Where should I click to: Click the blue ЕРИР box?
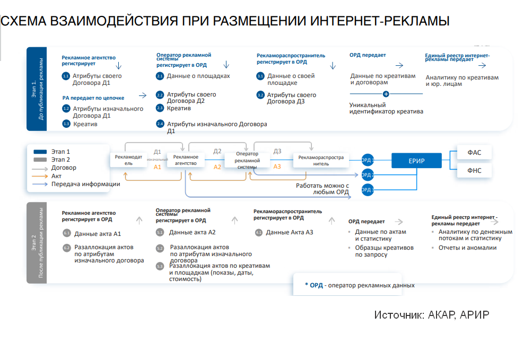point(416,160)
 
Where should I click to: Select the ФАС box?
point(474,153)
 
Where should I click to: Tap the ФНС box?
point(474,171)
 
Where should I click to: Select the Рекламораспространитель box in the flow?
point(321,160)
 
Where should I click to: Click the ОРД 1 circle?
point(367,160)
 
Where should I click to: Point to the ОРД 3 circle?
point(367,190)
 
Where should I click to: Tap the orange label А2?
point(217,167)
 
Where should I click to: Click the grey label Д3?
point(277,151)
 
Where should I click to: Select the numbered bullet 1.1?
point(66,76)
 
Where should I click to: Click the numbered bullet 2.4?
point(160,124)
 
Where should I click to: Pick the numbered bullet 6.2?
point(67,248)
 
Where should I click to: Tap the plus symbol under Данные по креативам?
point(386,94)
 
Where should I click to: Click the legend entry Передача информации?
point(85,185)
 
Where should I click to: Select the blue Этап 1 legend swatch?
point(40,152)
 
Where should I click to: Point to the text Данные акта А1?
point(98,233)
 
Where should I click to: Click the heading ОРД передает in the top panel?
point(368,55)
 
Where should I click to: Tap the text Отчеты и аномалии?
point(467,248)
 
